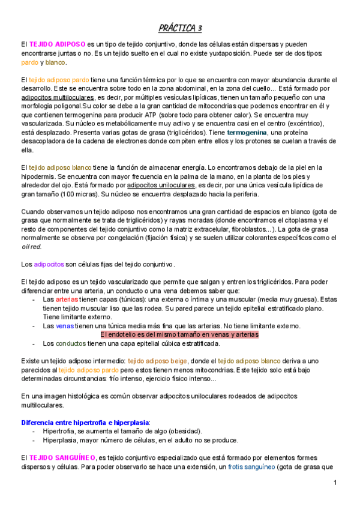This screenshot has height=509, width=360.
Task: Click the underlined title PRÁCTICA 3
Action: (181, 28)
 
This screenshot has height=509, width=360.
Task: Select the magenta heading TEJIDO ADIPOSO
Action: (57, 44)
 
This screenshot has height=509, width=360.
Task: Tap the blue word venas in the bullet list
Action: (65, 326)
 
